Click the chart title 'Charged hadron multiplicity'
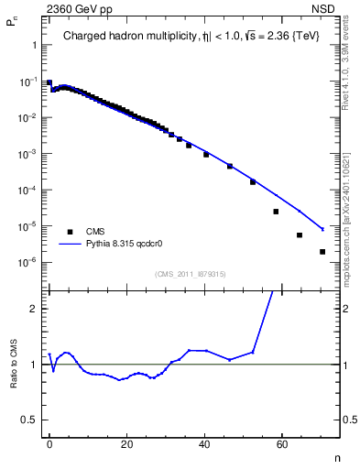click(x=125, y=38)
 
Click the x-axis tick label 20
click(x=127, y=443)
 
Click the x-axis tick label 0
click(x=49, y=443)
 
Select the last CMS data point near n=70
click(x=322, y=251)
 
